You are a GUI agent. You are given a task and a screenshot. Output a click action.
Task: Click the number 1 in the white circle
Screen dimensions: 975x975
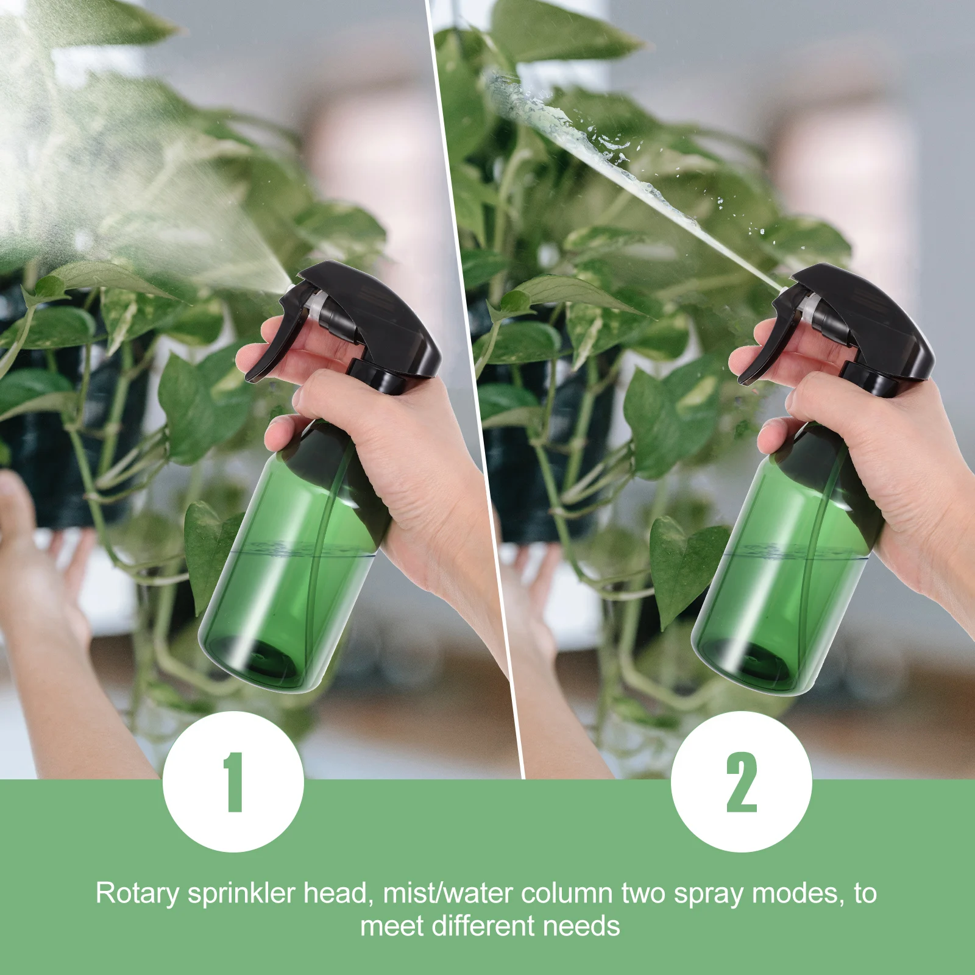[233, 782]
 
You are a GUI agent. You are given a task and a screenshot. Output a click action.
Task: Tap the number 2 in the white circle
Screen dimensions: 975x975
[741, 782]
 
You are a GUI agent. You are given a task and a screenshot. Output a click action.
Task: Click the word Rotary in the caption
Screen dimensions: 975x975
[137, 894]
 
